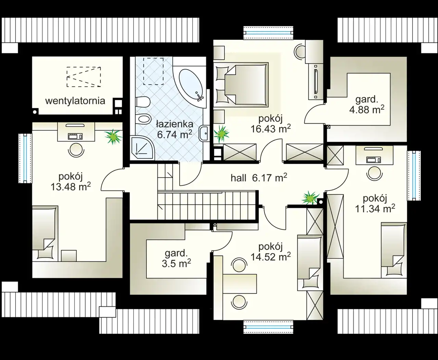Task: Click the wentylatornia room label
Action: (x=75, y=101)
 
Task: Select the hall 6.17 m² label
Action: (x=259, y=178)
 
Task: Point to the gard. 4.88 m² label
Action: (x=366, y=104)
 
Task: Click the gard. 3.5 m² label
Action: (x=176, y=259)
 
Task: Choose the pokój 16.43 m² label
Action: (x=271, y=124)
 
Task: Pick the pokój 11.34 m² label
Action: (x=375, y=204)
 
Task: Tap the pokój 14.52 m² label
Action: (x=271, y=252)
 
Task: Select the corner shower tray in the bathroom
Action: (x=142, y=148)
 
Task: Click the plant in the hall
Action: (x=310, y=198)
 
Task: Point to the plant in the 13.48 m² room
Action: (x=113, y=137)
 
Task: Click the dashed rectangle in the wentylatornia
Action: (x=84, y=77)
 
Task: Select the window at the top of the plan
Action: (x=268, y=33)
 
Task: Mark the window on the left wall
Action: (x=25, y=158)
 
